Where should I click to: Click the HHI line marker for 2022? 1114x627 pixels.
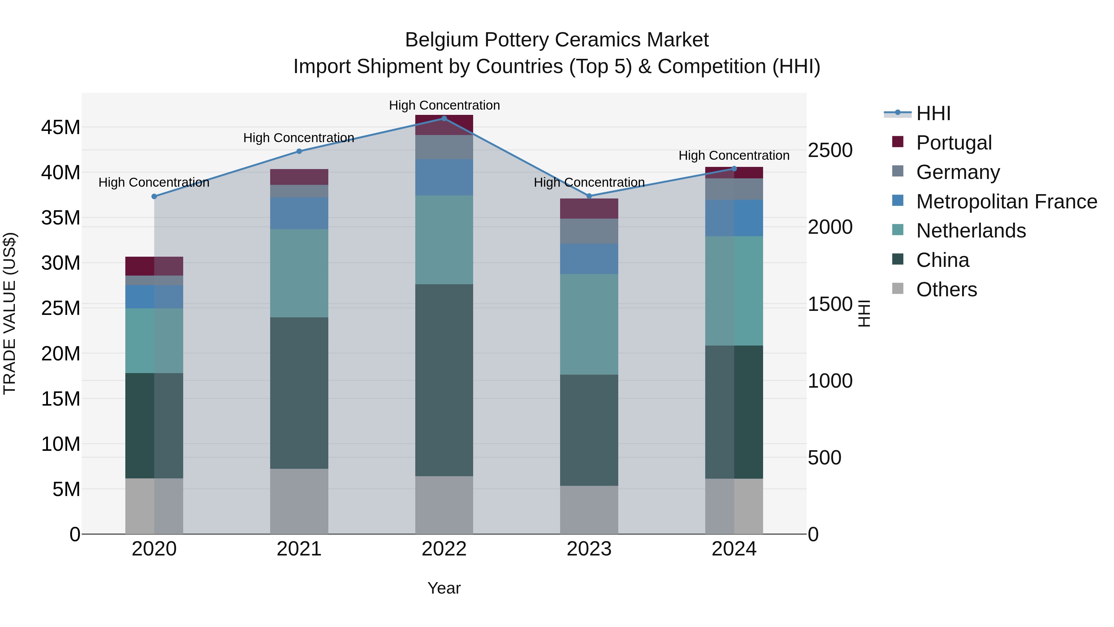pos(444,118)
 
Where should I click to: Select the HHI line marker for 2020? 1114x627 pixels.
pos(154,196)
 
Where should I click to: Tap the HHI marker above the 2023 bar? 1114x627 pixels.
pos(589,196)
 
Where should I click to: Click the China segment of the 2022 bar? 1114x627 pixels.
pos(444,380)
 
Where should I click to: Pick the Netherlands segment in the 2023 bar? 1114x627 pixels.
pos(589,324)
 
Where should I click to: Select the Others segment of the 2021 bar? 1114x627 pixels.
pos(299,501)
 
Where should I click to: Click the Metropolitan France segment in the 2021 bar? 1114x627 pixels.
pos(299,213)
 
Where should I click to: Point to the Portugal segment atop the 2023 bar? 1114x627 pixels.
pos(589,209)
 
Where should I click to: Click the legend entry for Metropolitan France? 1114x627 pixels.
pos(1006,202)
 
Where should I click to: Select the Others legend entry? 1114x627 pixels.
pos(946,290)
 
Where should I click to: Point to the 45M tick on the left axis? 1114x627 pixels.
pos(61,128)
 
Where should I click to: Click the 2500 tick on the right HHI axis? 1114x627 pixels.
pos(830,150)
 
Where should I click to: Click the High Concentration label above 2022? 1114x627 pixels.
pos(444,105)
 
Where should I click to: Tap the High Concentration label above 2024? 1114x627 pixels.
pos(734,155)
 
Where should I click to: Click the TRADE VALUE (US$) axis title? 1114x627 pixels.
pos(10,313)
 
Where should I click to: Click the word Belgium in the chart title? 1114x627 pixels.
pos(441,40)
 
